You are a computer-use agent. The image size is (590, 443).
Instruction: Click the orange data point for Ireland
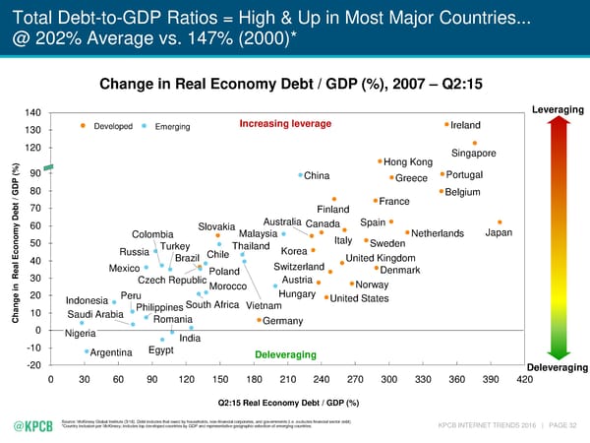(x=446, y=125)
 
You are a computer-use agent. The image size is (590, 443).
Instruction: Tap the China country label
(x=317, y=176)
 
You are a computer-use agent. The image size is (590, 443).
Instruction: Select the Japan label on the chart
(x=500, y=233)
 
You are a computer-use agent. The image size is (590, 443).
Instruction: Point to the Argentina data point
(x=88, y=351)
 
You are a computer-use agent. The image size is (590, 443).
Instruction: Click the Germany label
(x=283, y=321)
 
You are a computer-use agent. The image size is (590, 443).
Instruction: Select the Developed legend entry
(x=112, y=126)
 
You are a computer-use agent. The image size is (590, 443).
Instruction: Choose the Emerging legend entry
(x=172, y=126)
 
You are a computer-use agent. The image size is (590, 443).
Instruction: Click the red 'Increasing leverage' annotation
(x=285, y=123)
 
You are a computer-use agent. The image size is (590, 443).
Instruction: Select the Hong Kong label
(x=408, y=162)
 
